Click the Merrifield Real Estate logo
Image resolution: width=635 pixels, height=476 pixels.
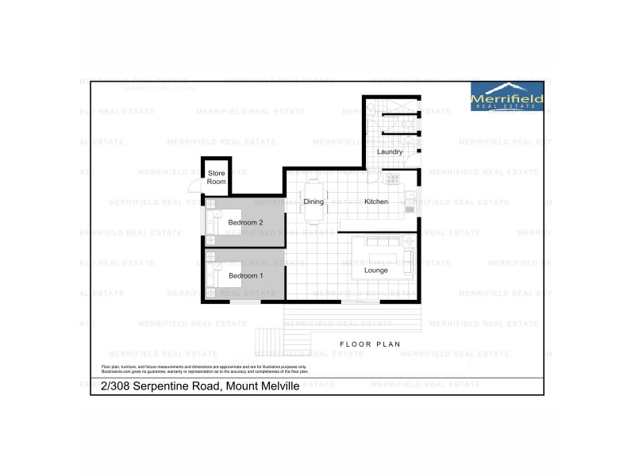coord(507,96)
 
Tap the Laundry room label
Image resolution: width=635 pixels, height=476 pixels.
coord(390,152)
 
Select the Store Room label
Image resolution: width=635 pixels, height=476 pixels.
coord(216,177)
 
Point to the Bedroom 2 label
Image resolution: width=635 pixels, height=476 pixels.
coord(245,223)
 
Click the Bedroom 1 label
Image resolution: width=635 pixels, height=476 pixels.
coord(245,276)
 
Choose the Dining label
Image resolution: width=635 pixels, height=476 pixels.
coord(314,202)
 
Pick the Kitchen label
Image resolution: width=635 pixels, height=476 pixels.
coord(376,202)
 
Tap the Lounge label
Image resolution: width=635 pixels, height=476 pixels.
coord(376,271)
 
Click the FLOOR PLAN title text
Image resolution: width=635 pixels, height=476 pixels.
coord(369,344)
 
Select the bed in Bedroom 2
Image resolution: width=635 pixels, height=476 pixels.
coord(216,223)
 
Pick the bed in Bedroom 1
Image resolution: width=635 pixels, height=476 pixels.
coord(216,276)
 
